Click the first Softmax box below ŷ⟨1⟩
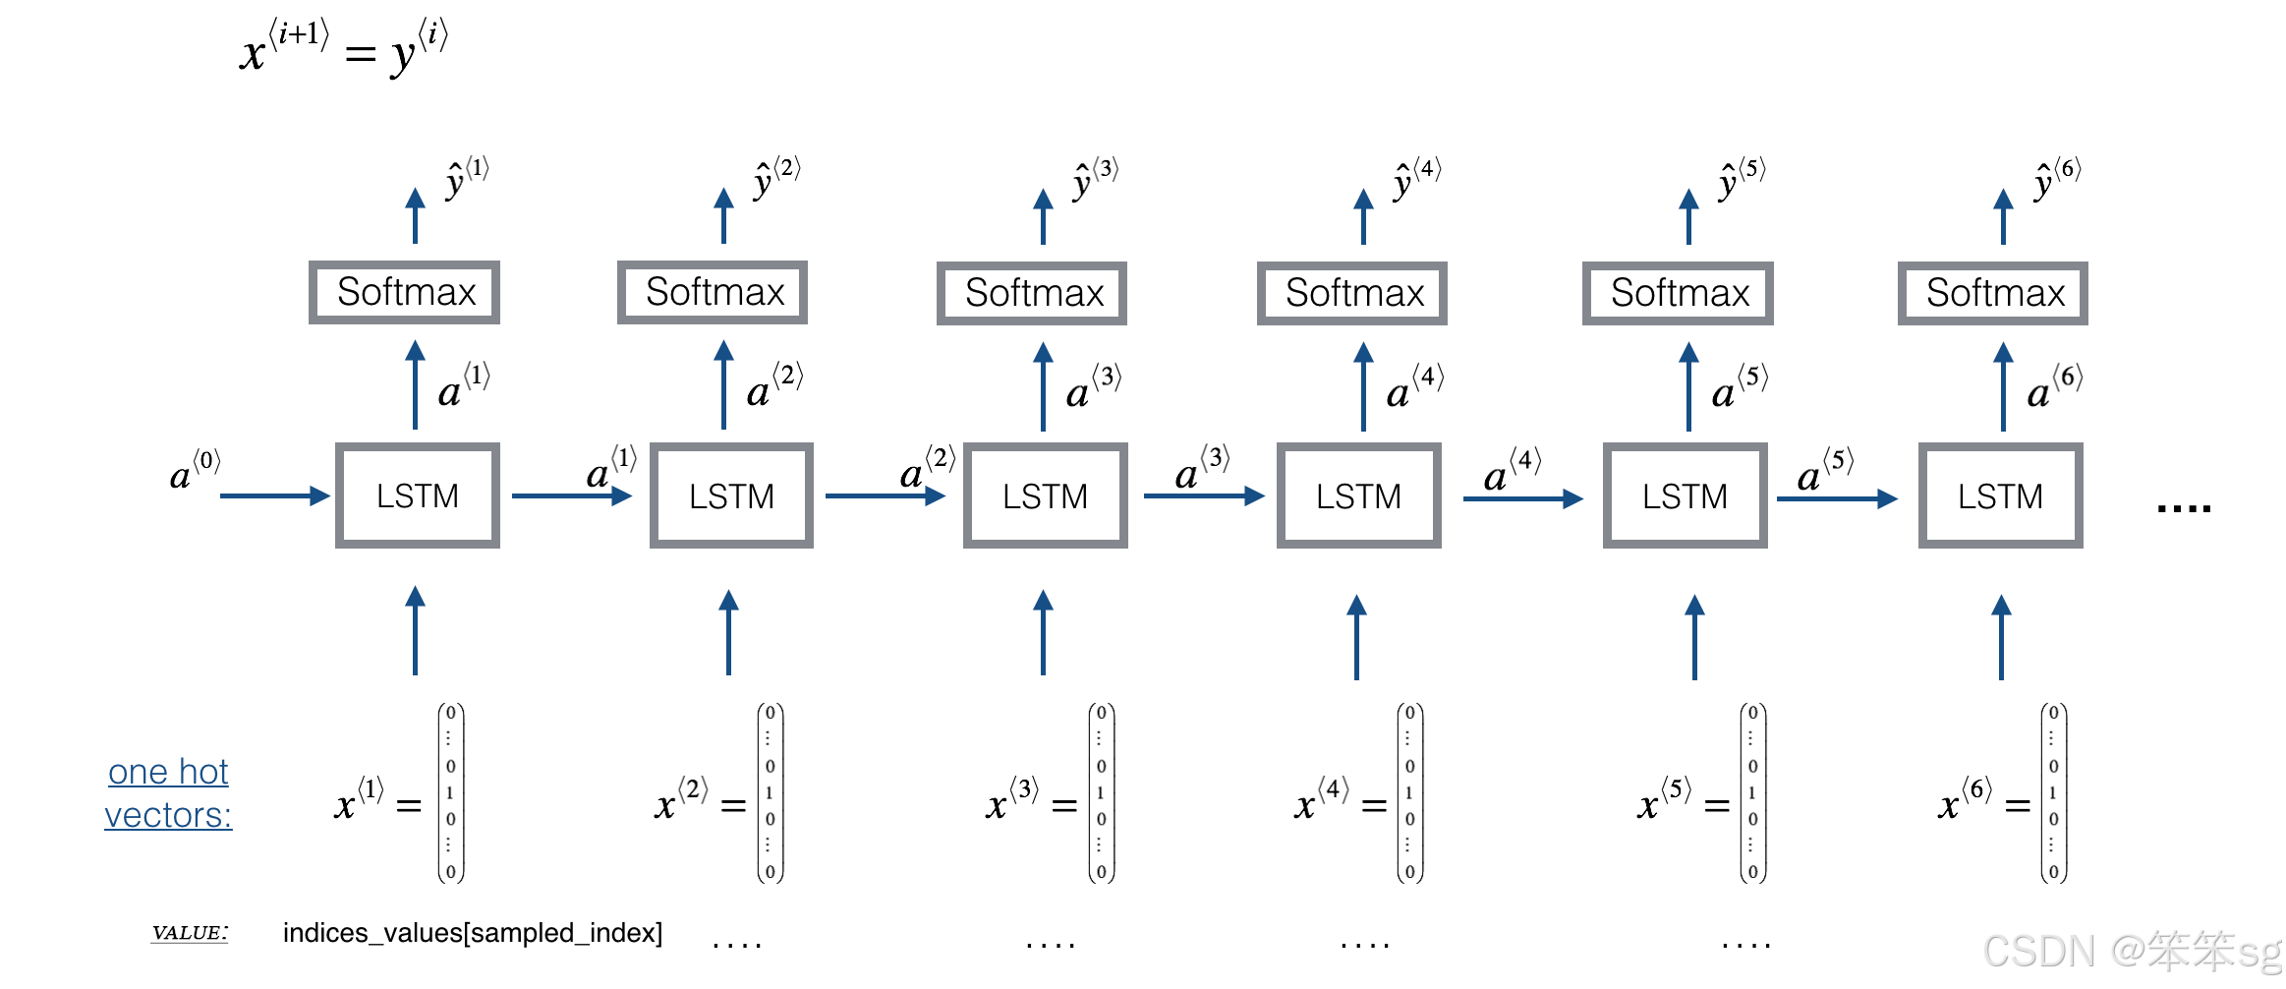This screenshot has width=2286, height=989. click(x=404, y=292)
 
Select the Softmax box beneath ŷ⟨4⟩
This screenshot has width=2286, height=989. click(x=1352, y=293)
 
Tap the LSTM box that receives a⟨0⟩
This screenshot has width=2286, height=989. click(x=417, y=495)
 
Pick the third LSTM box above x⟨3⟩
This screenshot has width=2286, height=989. click(x=1045, y=495)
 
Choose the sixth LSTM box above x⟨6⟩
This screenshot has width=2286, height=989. click(x=2000, y=495)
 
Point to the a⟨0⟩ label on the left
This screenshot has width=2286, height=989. click(x=194, y=472)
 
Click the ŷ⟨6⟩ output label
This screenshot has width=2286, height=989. click(x=2056, y=177)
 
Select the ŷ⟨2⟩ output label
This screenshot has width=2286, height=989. click(x=775, y=177)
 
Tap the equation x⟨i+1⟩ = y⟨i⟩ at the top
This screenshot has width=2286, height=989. click(x=344, y=47)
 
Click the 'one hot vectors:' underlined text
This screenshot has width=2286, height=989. click(x=168, y=793)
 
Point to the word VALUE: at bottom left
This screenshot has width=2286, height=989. click(x=190, y=932)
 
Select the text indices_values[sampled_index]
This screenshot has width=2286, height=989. click(x=472, y=932)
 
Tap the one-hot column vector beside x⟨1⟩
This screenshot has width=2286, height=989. click(x=450, y=792)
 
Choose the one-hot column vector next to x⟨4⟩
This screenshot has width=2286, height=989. click(x=1409, y=792)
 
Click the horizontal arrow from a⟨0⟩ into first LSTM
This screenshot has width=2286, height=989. click(x=274, y=495)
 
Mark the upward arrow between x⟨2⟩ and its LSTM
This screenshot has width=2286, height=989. click(x=728, y=631)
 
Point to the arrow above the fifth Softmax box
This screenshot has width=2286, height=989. click(x=1688, y=216)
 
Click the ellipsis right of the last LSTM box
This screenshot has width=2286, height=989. click(x=2183, y=507)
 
